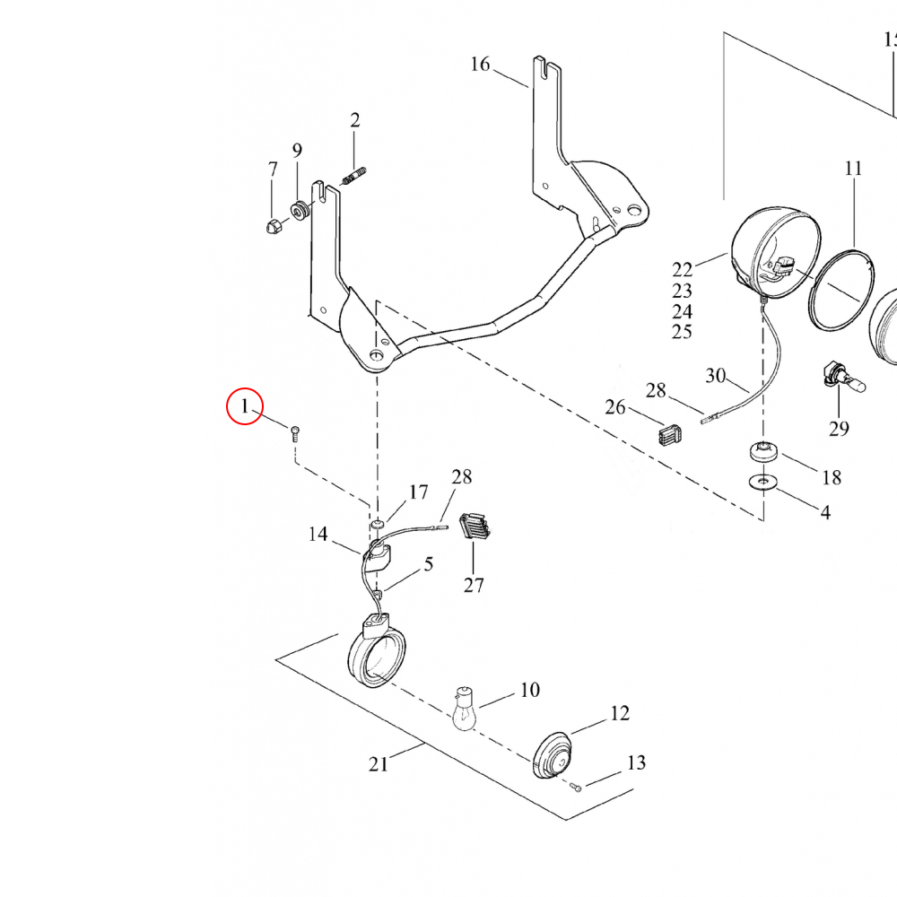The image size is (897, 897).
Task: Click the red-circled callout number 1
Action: click(244, 407)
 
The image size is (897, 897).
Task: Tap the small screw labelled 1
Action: click(295, 435)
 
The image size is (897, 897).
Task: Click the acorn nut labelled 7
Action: click(274, 224)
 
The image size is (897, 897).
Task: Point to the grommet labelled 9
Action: click(299, 212)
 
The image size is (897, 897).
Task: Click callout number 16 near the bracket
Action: click(481, 64)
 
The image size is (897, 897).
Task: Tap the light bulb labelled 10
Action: click(463, 709)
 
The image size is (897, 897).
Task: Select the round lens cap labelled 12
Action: click(551, 757)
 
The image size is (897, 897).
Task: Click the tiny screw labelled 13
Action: click(576, 788)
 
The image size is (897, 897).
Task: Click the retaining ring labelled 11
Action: click(840, 289)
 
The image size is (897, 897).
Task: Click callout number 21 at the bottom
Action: click(379, 764)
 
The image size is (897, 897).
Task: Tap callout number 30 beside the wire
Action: click(715, 376)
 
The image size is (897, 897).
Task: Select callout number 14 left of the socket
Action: click(318, 535)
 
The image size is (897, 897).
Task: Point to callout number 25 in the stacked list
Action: click(682, 332)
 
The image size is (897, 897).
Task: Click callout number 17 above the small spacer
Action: click(419, 492)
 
